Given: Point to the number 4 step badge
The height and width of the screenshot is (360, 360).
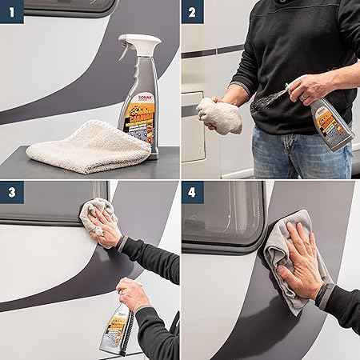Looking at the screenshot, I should click(192, 192).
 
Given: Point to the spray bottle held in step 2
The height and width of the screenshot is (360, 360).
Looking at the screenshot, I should click(332, 124).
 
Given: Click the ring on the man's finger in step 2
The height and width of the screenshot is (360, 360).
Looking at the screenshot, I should click(303, 96).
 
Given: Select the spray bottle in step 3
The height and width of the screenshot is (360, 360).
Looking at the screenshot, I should click(116, 328).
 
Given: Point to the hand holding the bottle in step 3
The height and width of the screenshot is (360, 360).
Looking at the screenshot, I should click(132, 294).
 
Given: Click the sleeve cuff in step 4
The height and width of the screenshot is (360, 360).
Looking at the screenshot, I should click(324, 294).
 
